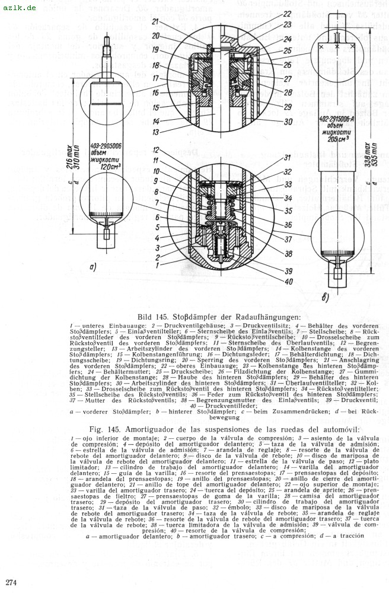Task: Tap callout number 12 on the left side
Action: (155, 149)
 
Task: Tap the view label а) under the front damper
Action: (93, 267)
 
